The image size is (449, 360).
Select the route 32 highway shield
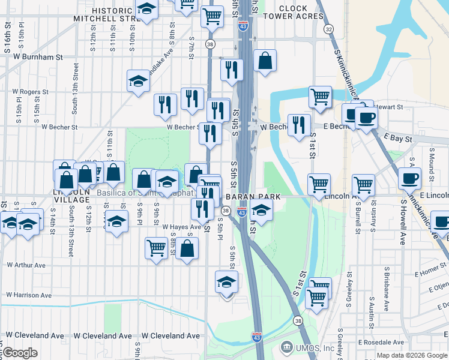tap(328, 29)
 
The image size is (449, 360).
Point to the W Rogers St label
tap(30, 92)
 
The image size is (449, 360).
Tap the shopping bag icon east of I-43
tap(265, 61)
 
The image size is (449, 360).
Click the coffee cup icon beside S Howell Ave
tap(409, 178)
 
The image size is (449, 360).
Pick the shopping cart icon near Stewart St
tap(321, 97)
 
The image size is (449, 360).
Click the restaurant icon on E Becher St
tap(299, 125)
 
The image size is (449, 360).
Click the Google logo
tap(19, 353)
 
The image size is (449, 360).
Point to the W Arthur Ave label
tap(26, 265)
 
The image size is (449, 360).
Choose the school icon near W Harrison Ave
tap(226, 282)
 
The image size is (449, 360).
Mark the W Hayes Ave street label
tap(181, 227)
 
